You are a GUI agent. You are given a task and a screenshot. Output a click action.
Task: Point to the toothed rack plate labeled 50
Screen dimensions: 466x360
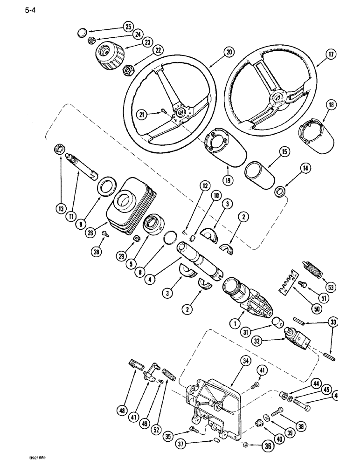(290, 284)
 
